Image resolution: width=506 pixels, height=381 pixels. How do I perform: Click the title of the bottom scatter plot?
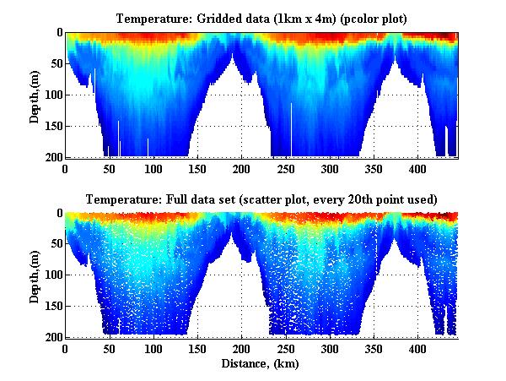[261, 199]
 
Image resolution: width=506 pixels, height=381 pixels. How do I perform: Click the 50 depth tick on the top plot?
[55, 64]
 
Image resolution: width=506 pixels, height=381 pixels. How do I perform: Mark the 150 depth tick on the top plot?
[52, 126]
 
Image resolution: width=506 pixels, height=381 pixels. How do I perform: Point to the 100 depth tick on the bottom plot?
[52, 275]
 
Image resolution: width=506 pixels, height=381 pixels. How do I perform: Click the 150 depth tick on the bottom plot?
[52, 306]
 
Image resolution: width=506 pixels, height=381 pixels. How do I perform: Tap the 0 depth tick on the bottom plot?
[58, 214]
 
